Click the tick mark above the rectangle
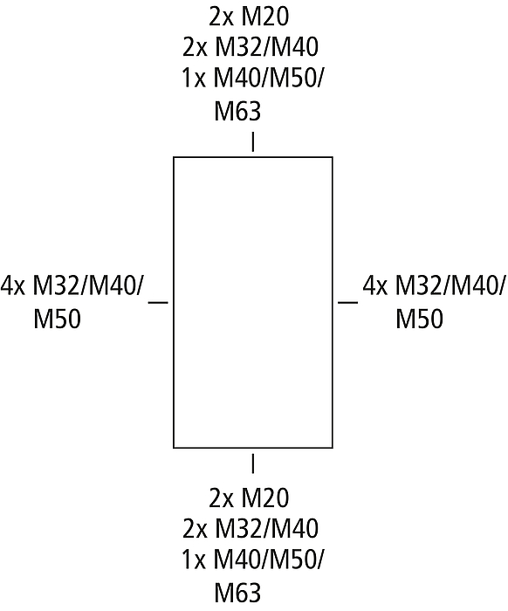[x=253, y=141]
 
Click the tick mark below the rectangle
[x=253, y=463]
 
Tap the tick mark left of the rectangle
[x=158, y=302]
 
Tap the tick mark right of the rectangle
[x=348, y=302]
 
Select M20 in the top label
[x=265, y=17]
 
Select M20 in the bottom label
[x=265, y=498]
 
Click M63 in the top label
[x=237, y=111]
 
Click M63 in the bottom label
[x=237, y=593]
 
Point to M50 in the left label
[x=58, y=319]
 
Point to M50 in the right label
[x=420, y=319]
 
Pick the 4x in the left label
[x=13, y=285]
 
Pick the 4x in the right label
[x=375, y=285]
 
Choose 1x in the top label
[x=193, y=78]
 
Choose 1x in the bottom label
[x=193, y=559]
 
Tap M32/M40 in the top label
[x=267, y=47]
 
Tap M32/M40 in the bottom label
[x=267, y=528]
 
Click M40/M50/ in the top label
[x=269, y=79]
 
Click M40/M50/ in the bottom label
[x=269, y=560]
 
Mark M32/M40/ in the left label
[x=88, y=286]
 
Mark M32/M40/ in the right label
[x=450, y=286]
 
